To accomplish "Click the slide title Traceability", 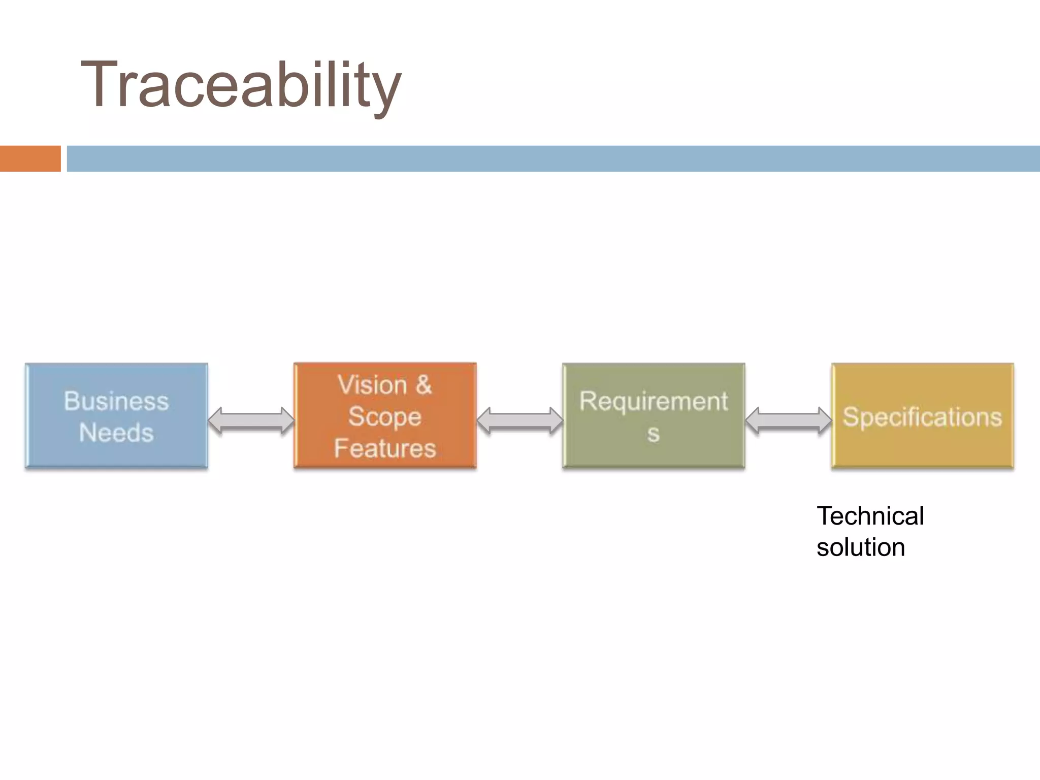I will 241,85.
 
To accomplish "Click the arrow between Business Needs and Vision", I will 251,420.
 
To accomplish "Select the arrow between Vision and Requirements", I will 519,420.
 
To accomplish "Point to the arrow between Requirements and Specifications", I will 788,420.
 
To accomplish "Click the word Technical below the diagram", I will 870,516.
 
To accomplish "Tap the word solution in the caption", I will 860,547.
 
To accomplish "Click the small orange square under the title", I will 30,158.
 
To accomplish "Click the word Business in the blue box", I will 116,401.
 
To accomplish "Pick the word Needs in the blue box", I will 116,433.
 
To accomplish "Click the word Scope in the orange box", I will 384,417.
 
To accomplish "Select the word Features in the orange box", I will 385,448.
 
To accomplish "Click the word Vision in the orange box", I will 372,385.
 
